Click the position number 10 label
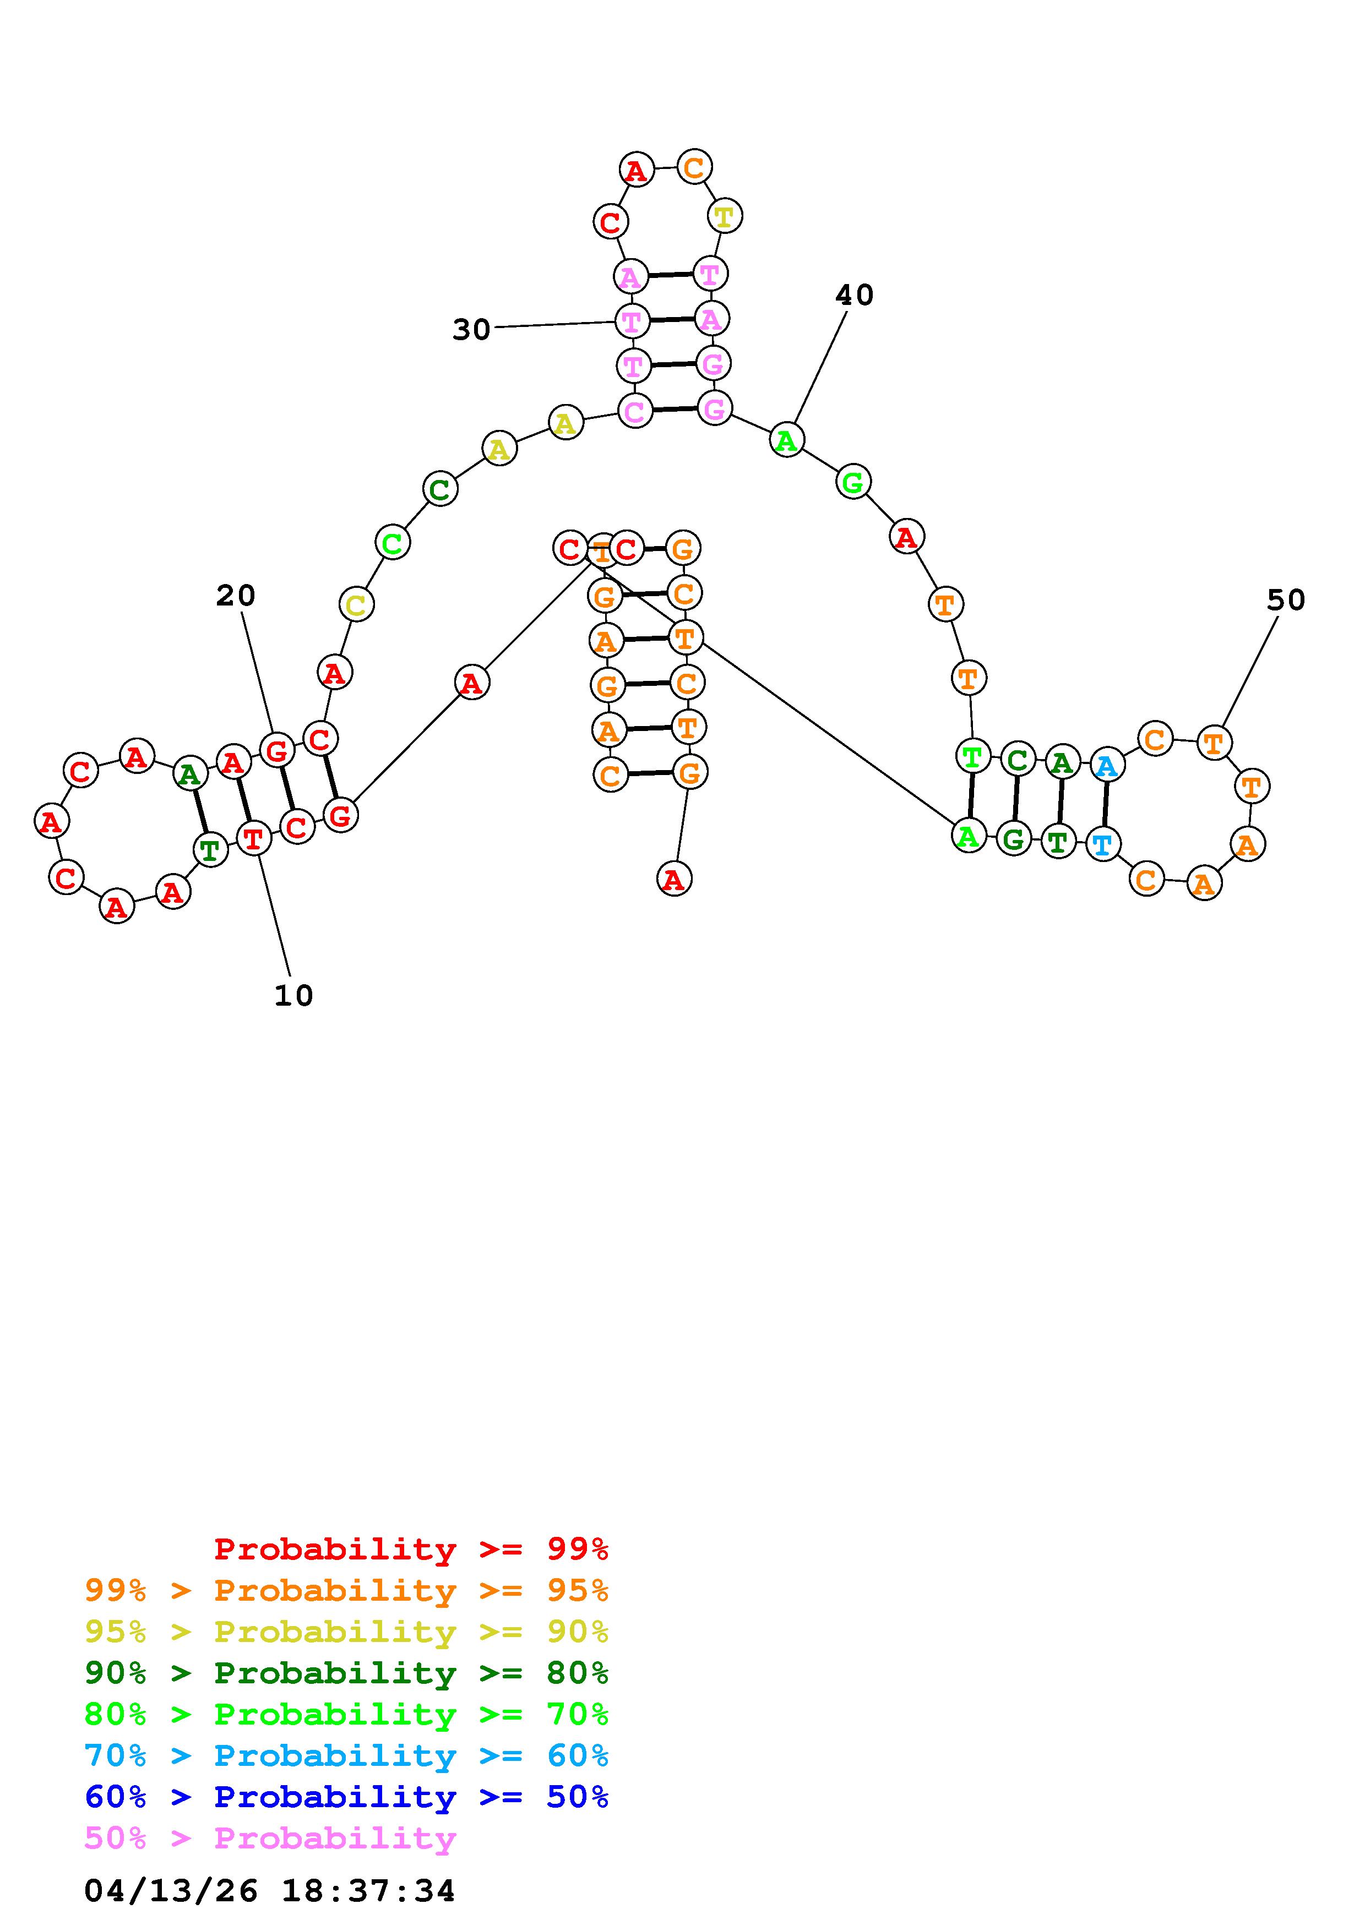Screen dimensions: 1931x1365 (293, 996)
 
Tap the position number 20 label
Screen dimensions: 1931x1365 (236, 596)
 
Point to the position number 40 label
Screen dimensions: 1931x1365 (855, 294)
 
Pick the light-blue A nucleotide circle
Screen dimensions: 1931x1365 (1107, 765)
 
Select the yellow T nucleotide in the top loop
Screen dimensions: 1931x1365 (724, 217)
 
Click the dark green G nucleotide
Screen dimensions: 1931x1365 (1014, 838)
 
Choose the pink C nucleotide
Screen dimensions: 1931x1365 (635, 411)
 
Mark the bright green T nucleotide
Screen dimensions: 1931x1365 (972, 756)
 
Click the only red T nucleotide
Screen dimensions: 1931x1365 (253, 838)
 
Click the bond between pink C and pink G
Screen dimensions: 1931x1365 (675, 410)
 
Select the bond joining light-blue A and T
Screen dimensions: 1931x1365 (1105, 804)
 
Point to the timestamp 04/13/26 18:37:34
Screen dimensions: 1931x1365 (270, 1891)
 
